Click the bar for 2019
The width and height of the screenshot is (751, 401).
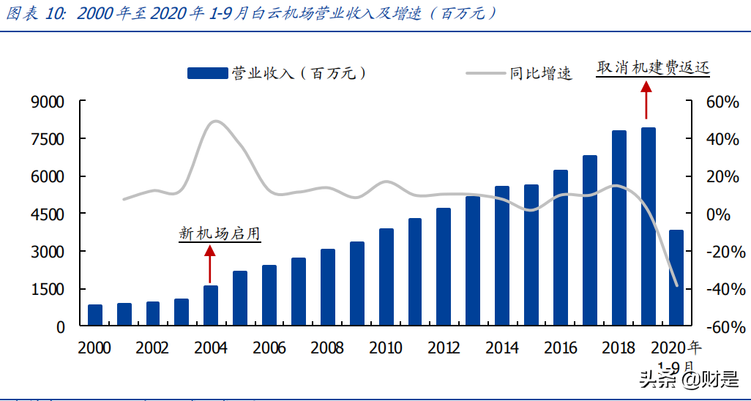pyautogui.click(x=649, y=227)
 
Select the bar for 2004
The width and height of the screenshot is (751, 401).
pyautogui.click(x=211, y=305)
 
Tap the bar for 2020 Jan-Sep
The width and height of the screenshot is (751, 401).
pyautogui.click(x=677, y=278)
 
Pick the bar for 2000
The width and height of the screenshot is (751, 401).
pyautogui.click(x=95, y=315)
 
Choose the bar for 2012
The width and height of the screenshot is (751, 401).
pyautogui.click(x=444, y=267)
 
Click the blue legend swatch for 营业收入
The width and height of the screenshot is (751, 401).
pyautogui.click(x=207, y=73)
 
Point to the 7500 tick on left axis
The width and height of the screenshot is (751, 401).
pyautogui.click(x=48, y=139)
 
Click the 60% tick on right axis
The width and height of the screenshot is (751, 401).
pyautogui.click(x=722, y=102)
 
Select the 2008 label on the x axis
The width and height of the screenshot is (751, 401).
pyautogui.click(x=327, y=348)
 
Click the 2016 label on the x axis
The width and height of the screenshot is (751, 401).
pyautogui.click(x=561, y=348)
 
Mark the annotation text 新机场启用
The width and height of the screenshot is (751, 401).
pyautogui.click(x=220, y=233)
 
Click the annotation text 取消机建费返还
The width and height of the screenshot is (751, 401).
pyautogui.click(x=653, y=67)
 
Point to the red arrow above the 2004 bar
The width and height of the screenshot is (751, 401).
pyautogui.click(x=210, y=264)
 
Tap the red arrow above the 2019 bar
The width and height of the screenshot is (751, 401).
pyautogui.click(x=646, y=100)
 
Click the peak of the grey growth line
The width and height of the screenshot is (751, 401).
pyautogui.click(x=215, y=121)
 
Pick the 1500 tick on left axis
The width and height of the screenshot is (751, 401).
pyautogui.click(x=48, y=290)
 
